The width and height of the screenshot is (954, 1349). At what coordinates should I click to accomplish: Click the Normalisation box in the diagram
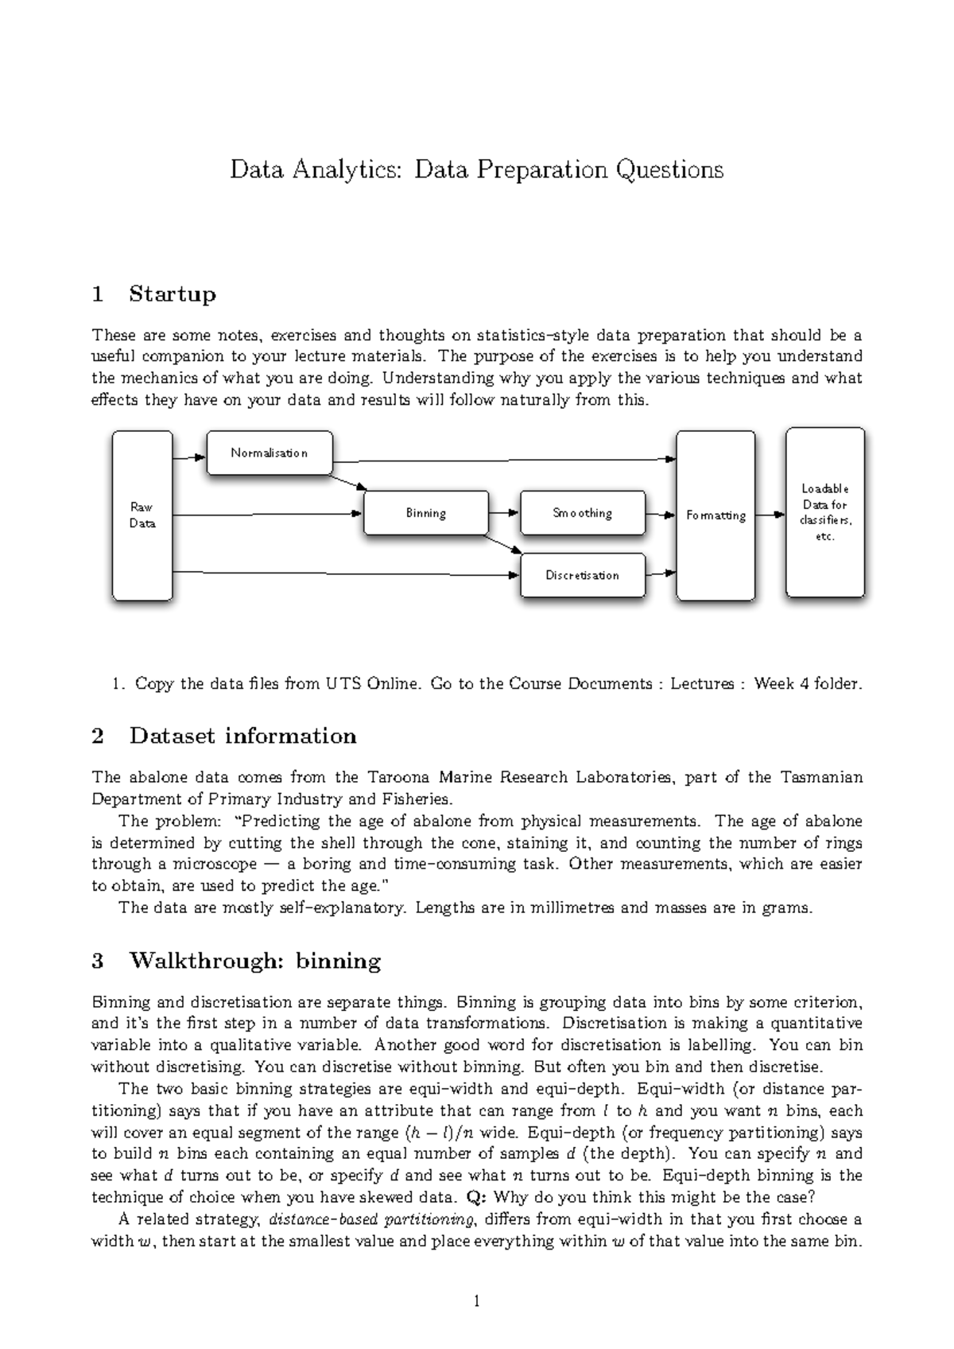[269, 453]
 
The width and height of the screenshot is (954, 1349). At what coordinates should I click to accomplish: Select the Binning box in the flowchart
[425, 513]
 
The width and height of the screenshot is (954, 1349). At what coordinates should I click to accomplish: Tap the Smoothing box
[582, 513]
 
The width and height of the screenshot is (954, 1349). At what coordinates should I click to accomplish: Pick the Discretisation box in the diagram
[582, 575]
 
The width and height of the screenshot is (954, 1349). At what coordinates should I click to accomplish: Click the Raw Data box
[142, 515]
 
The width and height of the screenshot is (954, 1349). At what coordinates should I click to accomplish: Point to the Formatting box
[715, 515]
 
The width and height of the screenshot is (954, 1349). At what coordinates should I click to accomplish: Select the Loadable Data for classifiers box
[825, 512]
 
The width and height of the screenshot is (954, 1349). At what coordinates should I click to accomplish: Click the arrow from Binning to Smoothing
[503, 513]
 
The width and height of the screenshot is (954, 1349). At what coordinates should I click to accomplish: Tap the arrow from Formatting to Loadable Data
[770, 515]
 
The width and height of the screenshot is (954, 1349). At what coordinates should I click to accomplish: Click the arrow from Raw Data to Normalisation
[189, 457]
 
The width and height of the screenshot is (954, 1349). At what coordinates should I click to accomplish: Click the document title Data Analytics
[476, 169]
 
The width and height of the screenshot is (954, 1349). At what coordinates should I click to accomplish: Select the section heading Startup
[172, 294]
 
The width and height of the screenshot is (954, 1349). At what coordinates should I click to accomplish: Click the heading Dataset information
[242, 736]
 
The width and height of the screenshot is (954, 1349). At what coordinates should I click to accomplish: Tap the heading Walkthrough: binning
[254, 961]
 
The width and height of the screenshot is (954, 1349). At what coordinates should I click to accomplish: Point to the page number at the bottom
[476, 1302]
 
